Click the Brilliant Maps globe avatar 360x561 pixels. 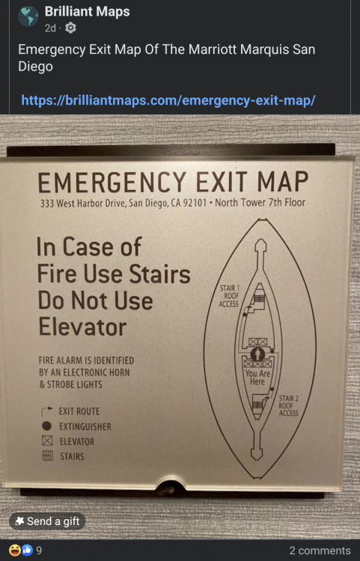28,16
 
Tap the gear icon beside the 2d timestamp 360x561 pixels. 70,28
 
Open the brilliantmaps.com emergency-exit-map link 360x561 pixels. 168,100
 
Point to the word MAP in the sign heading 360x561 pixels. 282,182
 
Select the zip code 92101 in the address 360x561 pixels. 195,203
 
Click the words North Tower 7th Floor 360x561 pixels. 260,203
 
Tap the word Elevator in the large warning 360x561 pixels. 82,327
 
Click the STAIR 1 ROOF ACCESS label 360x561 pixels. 229,296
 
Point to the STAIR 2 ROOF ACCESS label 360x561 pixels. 288,405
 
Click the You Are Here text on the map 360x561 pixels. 257,378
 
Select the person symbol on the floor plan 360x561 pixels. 257,355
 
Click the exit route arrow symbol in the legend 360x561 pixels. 47,411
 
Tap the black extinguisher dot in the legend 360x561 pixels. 47,426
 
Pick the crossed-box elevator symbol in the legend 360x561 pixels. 47,441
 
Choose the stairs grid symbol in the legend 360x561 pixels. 48,456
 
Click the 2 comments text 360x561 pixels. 320,551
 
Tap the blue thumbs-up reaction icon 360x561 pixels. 27,550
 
